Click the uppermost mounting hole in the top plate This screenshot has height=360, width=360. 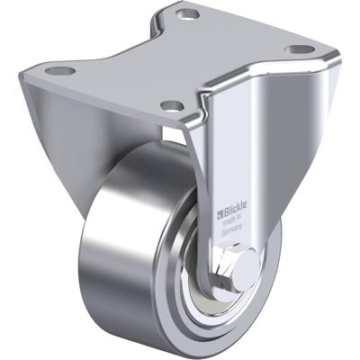pyautogui.click(x=188, y=14)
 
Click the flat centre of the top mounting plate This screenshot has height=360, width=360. pyautogui.click(x=180, y=58)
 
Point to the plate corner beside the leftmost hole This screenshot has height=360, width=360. pyautogui.click(x=43, y=72)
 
